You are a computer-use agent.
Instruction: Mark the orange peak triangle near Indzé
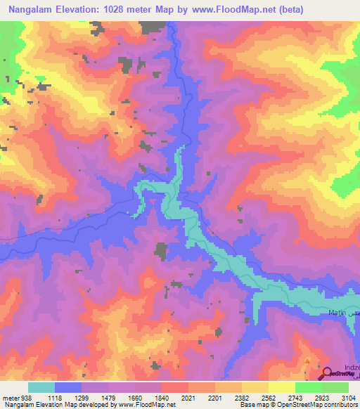tap(307, 361)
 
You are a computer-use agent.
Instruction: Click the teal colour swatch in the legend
tap(41, 387)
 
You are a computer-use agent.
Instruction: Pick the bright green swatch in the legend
tap(308, 387)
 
